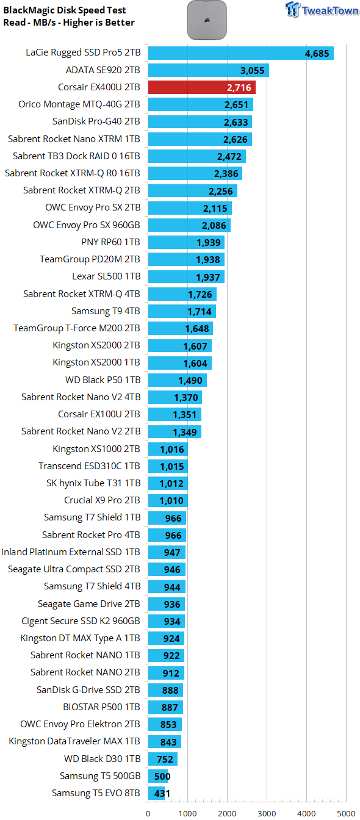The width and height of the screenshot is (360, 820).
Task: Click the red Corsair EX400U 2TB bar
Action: tap(202, 87)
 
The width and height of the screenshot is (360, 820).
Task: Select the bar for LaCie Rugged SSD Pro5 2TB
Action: tap(241, 52)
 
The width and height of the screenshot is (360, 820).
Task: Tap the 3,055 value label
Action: tap(252, 71)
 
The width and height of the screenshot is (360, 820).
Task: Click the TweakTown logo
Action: tap(322, 10)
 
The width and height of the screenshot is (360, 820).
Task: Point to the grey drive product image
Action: tap(207, 20)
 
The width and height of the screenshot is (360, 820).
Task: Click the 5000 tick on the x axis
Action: tap(346, 813)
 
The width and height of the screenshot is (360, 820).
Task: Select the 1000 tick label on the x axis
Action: tap(187, 813)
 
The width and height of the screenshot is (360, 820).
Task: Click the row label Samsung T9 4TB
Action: tap(106, 311)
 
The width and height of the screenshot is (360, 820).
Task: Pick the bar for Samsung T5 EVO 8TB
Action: tap(156, 793)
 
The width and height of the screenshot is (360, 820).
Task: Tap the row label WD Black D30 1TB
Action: tap(102, 759)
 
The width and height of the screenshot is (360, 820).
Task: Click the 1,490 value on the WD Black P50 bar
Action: tap(190, 381)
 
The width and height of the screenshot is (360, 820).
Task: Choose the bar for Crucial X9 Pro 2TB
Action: tap(168, 500)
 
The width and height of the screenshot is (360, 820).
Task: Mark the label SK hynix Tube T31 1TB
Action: tap(93, 483)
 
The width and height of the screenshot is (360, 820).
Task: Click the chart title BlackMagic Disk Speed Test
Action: tap(65, 10)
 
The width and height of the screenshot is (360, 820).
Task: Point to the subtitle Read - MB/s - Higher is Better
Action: tap(69, 23)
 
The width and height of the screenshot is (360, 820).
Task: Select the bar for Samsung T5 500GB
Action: tap(158, 776)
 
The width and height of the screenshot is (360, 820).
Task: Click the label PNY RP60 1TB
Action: tap(110, 242)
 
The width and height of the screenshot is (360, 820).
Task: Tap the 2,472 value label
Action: tap(229, 157)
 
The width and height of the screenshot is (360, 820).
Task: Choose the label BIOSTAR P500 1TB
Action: tap(101, 707)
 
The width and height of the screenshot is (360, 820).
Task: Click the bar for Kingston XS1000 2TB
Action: tap(168, 449)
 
